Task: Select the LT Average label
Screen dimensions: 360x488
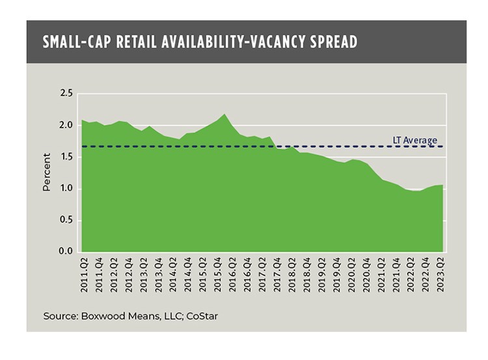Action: click(414, 140)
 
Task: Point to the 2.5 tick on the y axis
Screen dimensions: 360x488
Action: click(66, 94)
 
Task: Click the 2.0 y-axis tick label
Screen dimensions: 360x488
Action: click(66, 126)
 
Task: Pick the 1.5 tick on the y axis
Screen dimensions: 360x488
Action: click(66, 158)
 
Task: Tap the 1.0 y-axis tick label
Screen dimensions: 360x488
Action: click(66, 189)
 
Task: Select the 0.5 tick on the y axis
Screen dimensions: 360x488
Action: click(66, 220)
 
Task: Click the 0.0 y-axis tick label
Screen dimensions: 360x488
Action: click(66, 251)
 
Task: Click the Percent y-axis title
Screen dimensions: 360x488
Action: click(47, 173)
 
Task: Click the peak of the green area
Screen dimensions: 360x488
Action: click(224, 115)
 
